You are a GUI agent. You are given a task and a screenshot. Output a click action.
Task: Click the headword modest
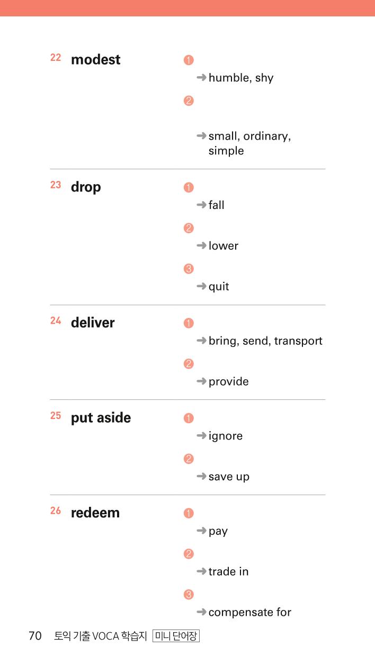(95, 59)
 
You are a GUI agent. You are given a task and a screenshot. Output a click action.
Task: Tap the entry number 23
(56, 185)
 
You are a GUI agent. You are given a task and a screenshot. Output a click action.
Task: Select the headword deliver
(93, 323)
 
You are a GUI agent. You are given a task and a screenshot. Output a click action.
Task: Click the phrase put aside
(101, 418)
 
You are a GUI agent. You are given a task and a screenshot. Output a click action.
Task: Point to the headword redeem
(95, 513)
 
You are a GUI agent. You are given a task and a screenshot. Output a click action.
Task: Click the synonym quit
(219, 287)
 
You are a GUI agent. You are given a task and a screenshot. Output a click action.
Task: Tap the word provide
(229, 382)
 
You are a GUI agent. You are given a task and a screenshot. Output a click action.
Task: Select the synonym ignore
(226, 436)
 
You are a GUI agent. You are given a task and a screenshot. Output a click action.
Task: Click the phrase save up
(229, 477)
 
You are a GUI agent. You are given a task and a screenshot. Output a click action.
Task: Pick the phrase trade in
(228, 571)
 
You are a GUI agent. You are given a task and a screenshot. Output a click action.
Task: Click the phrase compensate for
(250, 613)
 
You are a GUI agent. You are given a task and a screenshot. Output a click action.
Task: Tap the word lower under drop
(223, 246)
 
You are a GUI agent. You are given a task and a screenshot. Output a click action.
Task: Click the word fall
(217, 205)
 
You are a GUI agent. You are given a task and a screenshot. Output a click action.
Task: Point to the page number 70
(35, 636)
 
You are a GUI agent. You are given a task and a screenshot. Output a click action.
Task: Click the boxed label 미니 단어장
(176, 636)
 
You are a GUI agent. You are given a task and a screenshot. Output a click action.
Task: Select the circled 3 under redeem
(189, 595)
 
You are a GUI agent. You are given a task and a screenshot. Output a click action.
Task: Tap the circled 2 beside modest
(189, 101)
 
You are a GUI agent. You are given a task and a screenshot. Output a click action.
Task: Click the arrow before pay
(201, 531)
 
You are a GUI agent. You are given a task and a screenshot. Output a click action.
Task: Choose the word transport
(298, 341)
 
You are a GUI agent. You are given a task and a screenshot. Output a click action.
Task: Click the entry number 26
(56, 510)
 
